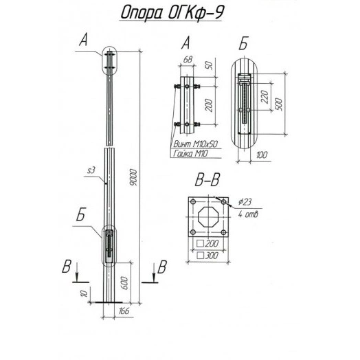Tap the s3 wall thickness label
91,168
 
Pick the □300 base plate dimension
207,256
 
